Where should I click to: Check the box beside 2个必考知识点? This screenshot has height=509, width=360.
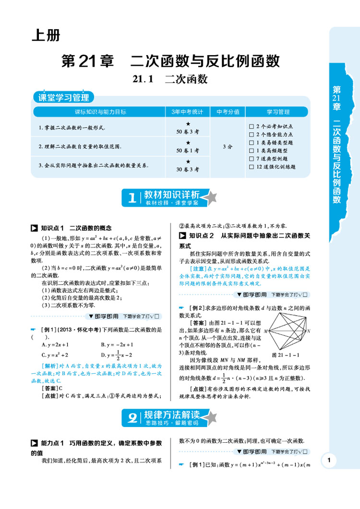252,126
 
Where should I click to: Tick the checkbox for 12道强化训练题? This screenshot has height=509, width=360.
252,167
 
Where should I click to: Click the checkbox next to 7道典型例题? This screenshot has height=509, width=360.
252,159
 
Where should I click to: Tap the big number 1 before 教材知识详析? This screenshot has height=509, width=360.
132,198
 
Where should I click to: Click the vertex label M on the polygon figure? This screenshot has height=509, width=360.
265,331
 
